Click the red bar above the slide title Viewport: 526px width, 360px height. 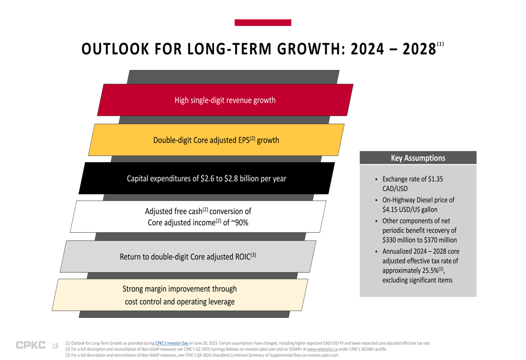(262, 23)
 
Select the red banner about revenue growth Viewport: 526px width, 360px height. (225, 100)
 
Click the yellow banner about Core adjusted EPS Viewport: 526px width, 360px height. (216, 140)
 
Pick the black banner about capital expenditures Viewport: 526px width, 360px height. (206, 178)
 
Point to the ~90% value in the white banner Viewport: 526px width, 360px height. (239, 223)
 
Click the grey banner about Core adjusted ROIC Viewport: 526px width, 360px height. (188, 256)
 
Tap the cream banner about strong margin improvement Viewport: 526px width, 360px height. (179, 295)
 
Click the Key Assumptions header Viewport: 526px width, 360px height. (418, 158)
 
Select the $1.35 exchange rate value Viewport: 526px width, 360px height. (432, 179)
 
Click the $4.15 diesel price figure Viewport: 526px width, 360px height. (392, 210)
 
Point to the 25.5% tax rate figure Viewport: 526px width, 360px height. (427, 270)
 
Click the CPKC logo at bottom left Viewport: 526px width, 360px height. (31, 345)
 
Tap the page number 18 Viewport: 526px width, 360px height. (55, 346)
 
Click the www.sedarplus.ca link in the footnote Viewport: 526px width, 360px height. (322, 349)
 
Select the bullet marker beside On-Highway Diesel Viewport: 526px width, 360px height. (377, 200)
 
